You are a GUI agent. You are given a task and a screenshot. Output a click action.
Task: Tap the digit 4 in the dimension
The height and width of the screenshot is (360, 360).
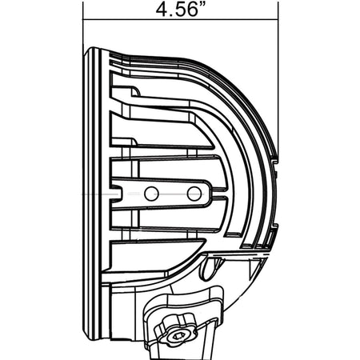161,10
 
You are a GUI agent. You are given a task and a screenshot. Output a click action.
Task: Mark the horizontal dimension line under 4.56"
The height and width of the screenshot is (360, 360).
181,19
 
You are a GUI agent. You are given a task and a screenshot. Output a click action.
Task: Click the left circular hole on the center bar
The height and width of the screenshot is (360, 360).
151,194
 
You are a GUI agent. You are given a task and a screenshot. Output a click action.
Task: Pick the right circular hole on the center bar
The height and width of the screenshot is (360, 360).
194,194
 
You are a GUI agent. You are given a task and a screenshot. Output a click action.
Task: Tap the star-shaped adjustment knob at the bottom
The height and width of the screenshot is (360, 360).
176,330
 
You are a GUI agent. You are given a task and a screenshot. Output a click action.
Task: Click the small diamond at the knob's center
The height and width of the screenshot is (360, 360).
178,336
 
